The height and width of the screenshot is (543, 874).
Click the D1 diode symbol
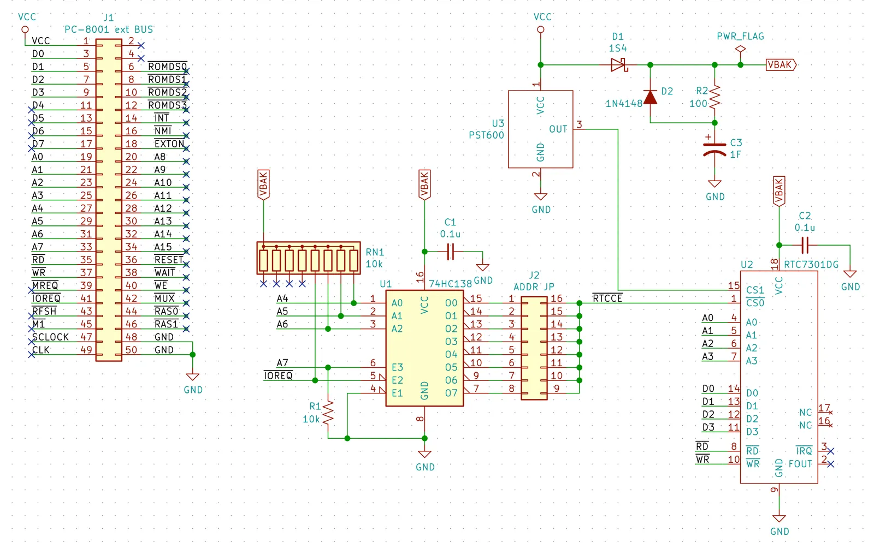pos(619,65)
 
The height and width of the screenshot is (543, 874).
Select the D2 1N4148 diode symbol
pos(650,98)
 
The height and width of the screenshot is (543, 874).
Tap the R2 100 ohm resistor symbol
pos(714,97)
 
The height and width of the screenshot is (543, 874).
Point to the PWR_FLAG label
pos(740,36)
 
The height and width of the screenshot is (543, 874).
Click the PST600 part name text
pos(486,135)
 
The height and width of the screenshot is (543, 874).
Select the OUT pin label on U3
pos(558,129)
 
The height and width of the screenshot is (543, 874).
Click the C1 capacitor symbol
pos(450,252)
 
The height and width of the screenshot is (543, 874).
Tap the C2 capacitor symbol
pos(805,245)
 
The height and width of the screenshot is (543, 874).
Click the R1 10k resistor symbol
pos(328,413)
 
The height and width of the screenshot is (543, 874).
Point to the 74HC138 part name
pos(450,284)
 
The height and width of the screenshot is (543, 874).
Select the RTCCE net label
pos(607,298)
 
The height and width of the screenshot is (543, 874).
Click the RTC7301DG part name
pos(811,265)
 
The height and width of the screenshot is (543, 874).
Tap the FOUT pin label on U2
pos(800,464)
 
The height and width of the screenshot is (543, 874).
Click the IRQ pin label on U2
pos(804,451)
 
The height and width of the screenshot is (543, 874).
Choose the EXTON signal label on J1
pos(169,144)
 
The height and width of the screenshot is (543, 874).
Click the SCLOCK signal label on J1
pos(50,337)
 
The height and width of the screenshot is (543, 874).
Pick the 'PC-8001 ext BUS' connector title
pos(109,29)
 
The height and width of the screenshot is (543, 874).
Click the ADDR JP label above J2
pos(534,287)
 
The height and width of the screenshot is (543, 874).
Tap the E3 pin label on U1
pos(397,367)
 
